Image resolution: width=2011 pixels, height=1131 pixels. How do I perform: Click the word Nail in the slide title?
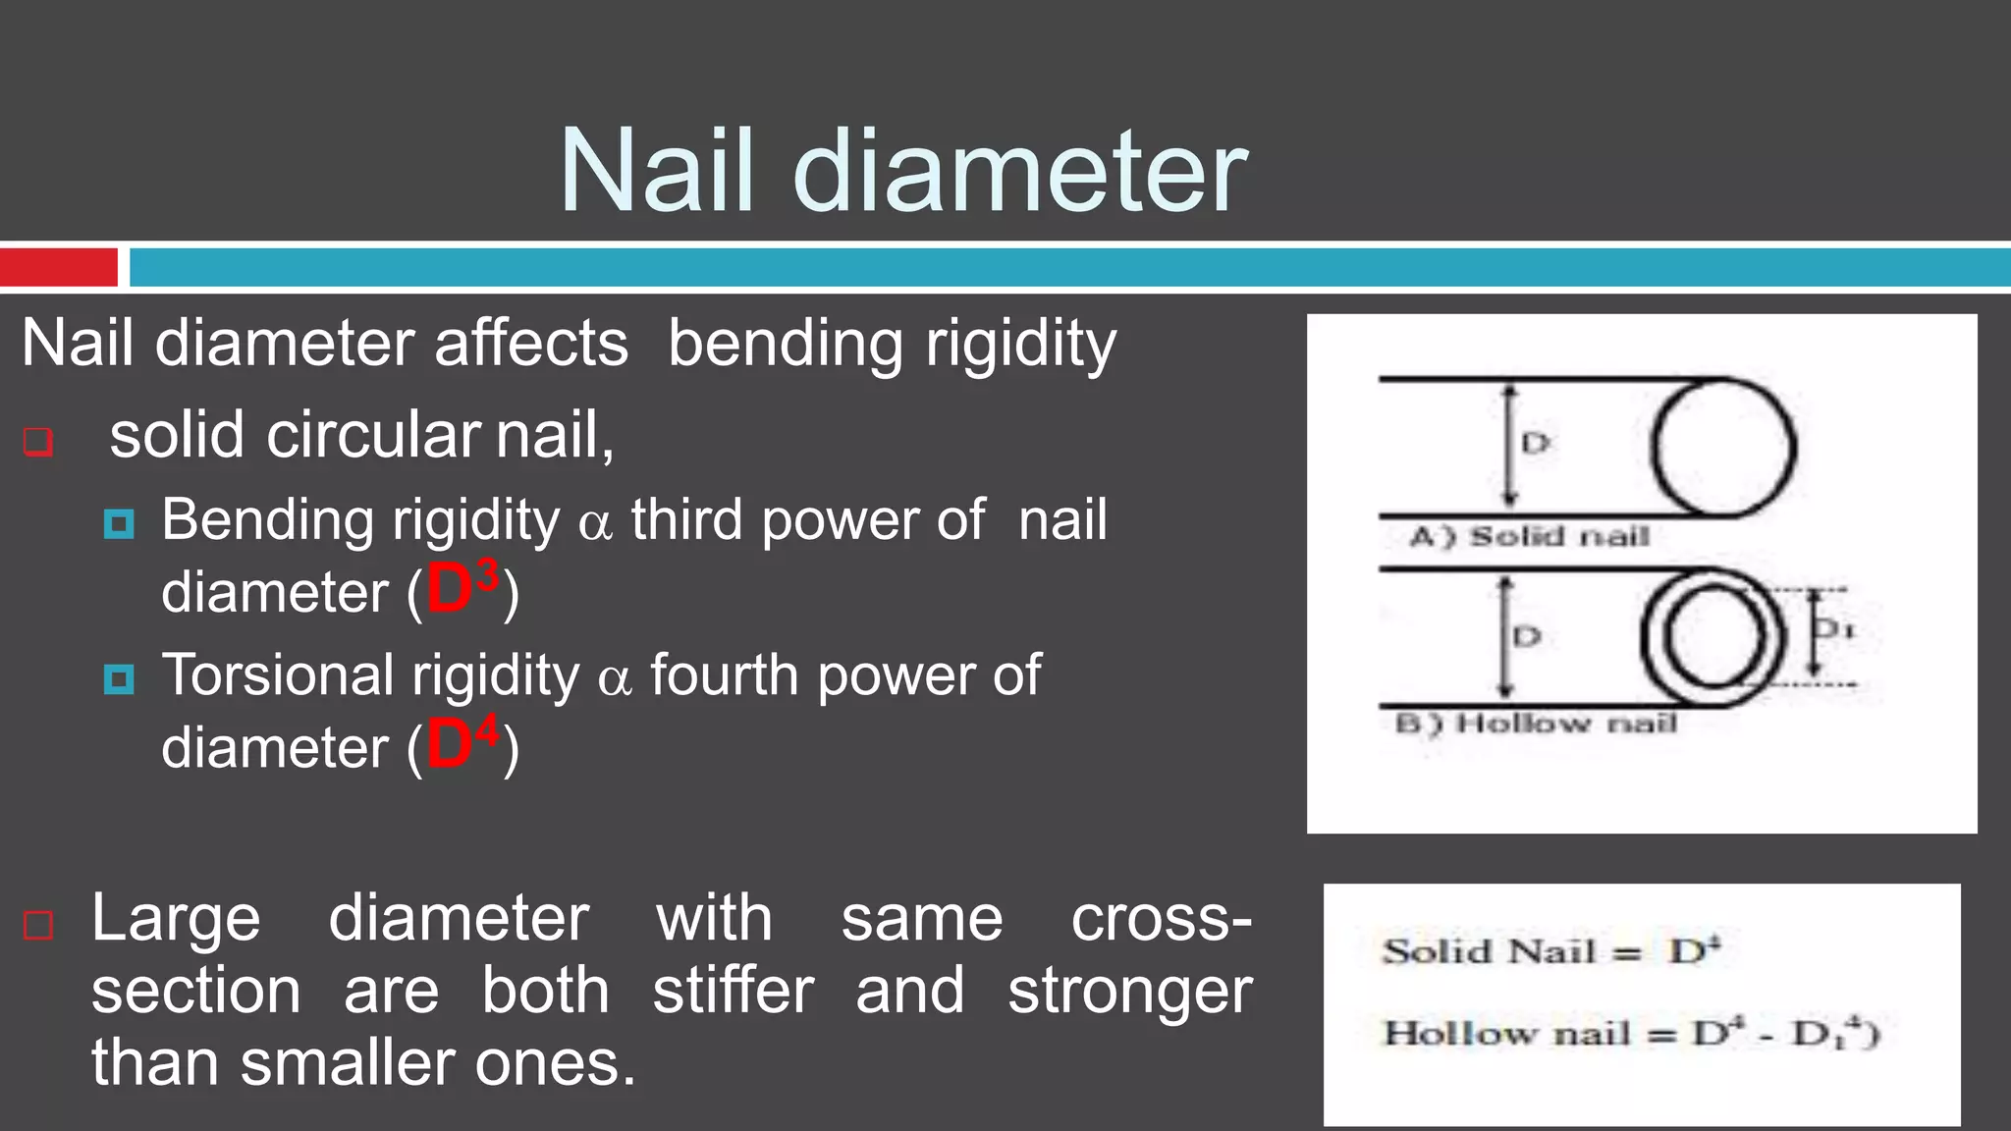657,172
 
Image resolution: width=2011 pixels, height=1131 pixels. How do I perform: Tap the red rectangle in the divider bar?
59,267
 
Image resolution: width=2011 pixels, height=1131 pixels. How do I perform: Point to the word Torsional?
278,675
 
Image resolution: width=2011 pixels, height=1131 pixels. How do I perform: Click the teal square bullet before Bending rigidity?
119,524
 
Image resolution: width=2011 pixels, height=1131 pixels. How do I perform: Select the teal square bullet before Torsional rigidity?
119,679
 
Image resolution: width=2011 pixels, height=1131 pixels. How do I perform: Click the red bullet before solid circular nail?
37,442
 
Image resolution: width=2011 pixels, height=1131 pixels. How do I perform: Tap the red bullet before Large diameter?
37,925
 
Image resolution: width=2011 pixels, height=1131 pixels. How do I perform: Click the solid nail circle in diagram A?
1723,448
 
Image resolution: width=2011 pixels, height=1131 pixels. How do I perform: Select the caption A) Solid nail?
1529,536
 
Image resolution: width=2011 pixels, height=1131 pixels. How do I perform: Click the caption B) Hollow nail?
1536,724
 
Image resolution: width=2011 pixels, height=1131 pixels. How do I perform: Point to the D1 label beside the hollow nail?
1833,628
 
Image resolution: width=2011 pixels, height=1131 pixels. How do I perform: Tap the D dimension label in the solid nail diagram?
1535,444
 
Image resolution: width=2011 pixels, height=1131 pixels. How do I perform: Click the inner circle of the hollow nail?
1712,637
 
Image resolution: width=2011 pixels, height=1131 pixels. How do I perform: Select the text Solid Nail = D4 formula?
1551,950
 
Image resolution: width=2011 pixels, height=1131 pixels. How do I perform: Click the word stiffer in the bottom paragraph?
733,991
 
